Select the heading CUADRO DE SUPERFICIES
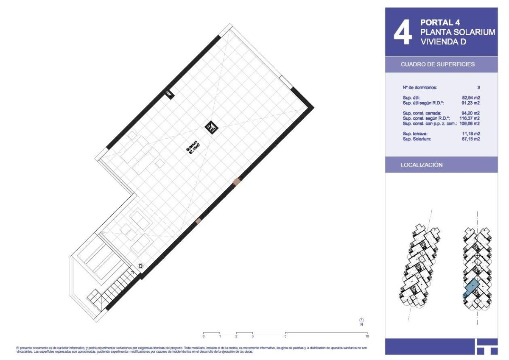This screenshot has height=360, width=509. click(438, 65)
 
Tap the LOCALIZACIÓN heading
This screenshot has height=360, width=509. click(422, 165)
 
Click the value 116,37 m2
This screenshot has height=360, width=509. click(470, 118)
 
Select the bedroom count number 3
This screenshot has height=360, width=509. click(478, 87)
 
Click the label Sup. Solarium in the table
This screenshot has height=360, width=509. click(417, 139)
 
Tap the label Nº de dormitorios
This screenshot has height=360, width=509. click(420, 87)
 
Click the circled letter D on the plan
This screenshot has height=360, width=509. click(141, 266)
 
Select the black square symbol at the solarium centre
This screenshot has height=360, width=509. click(211, 127)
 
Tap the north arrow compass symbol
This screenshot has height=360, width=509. click(361, 321)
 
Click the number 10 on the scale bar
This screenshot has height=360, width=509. click(367, 336)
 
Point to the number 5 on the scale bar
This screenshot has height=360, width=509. click(285, 336)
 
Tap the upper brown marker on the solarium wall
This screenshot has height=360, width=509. click(237, 181)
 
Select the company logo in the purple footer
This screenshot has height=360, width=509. click(486, 346)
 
